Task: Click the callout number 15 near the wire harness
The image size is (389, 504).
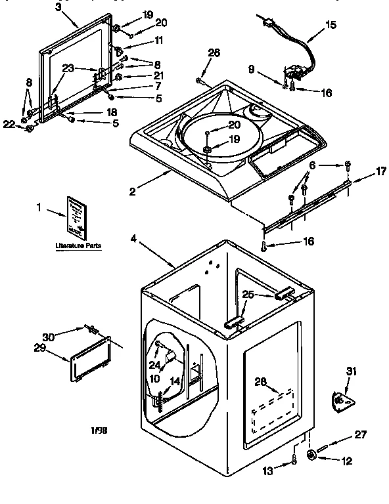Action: [330, 25]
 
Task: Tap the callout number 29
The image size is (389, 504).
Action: [40, 348]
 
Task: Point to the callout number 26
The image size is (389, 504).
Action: [214, 54]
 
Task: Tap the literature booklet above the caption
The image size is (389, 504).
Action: [76, 217]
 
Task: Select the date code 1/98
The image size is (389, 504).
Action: [99, 430]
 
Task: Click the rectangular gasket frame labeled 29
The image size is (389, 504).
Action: [90, 358]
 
